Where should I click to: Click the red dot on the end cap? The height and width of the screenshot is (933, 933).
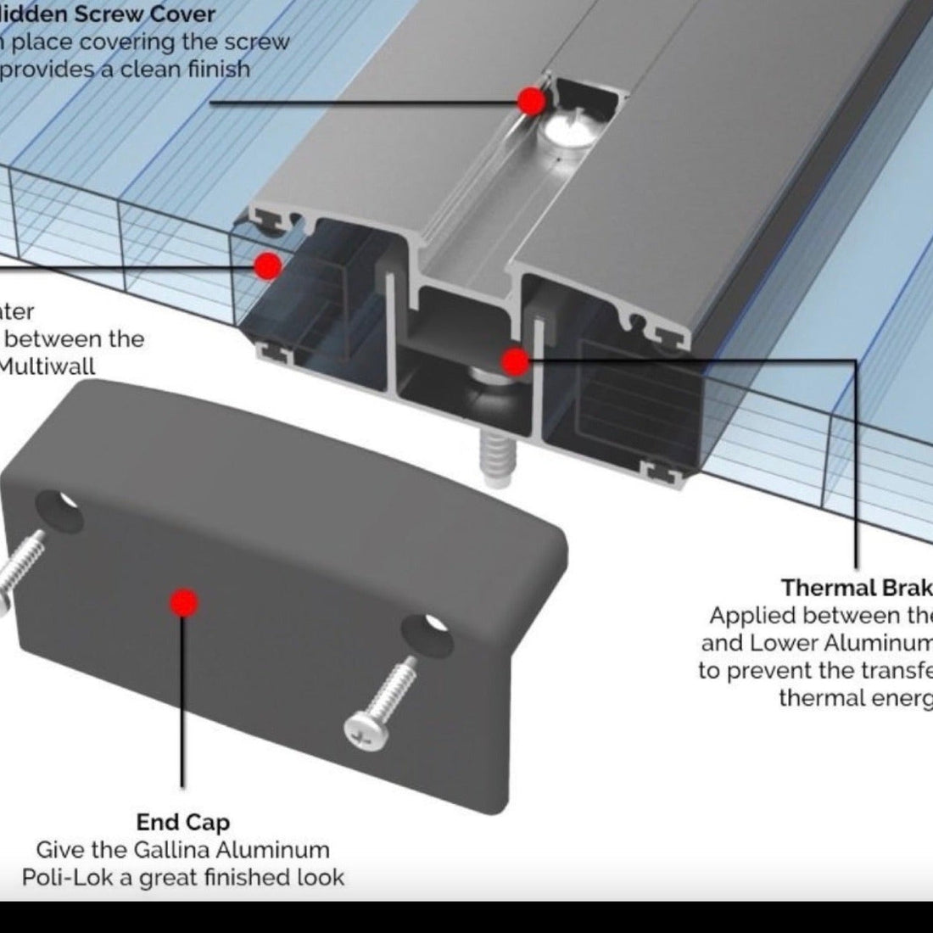(x=183, y=603)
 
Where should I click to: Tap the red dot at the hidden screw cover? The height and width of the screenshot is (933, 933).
(x=532, y=102)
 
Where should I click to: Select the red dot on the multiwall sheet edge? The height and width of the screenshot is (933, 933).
(x=267, y=266)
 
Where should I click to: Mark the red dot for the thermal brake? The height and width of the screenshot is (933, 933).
(x=514, y=363)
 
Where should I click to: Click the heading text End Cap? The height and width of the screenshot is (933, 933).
(x=182, y=822)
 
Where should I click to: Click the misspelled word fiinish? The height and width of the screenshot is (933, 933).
(x=216, y=69)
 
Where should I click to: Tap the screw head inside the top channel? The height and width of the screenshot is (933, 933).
(x=565, y=131)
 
